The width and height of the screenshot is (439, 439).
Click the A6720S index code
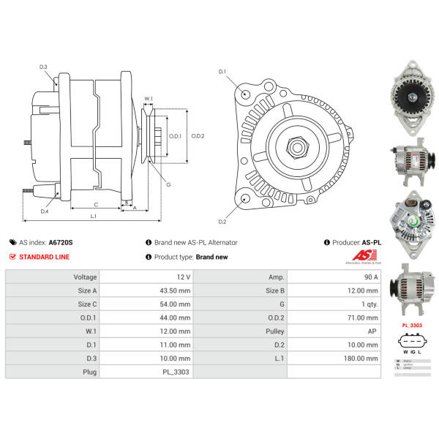click(61, 242)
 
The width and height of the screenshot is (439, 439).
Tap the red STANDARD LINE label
click(45, 257)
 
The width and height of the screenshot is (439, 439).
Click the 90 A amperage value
click(370, 277)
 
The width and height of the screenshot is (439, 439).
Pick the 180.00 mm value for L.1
click(362, 359)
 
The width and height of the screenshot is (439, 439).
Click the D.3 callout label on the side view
click(43, 67)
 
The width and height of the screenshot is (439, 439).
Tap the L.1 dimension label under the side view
click(94, 216)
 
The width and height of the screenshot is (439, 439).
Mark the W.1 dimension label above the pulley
click(149, 99)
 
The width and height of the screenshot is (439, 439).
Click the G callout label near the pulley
click(168, 184)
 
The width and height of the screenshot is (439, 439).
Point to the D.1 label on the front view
click(222, 71)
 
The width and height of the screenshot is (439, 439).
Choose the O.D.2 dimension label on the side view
click(197, 136)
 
